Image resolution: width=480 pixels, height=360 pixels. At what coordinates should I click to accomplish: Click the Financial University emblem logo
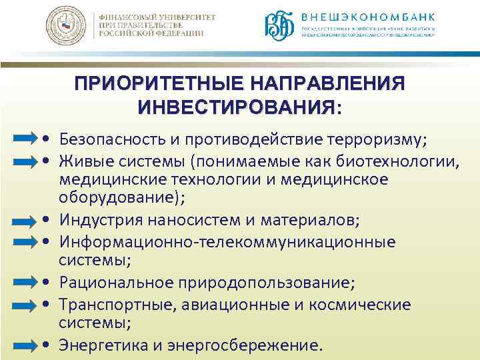(x=66, y=27)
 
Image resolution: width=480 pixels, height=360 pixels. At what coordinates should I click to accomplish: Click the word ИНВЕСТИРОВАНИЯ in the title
(x=237, y=107)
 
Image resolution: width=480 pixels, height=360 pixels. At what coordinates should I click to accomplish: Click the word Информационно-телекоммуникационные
(x=227, y=242)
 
